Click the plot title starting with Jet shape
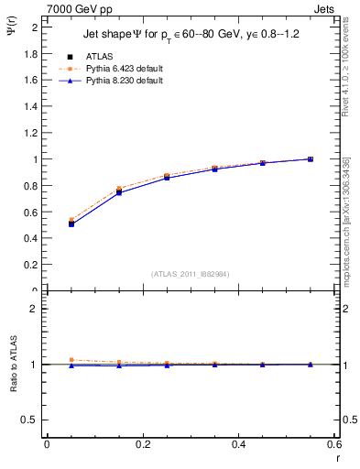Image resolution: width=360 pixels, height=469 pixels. coord(192,34)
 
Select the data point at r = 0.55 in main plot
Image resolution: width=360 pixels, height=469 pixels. coord(311,158)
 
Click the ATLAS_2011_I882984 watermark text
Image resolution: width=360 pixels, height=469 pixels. coord(191,273)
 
